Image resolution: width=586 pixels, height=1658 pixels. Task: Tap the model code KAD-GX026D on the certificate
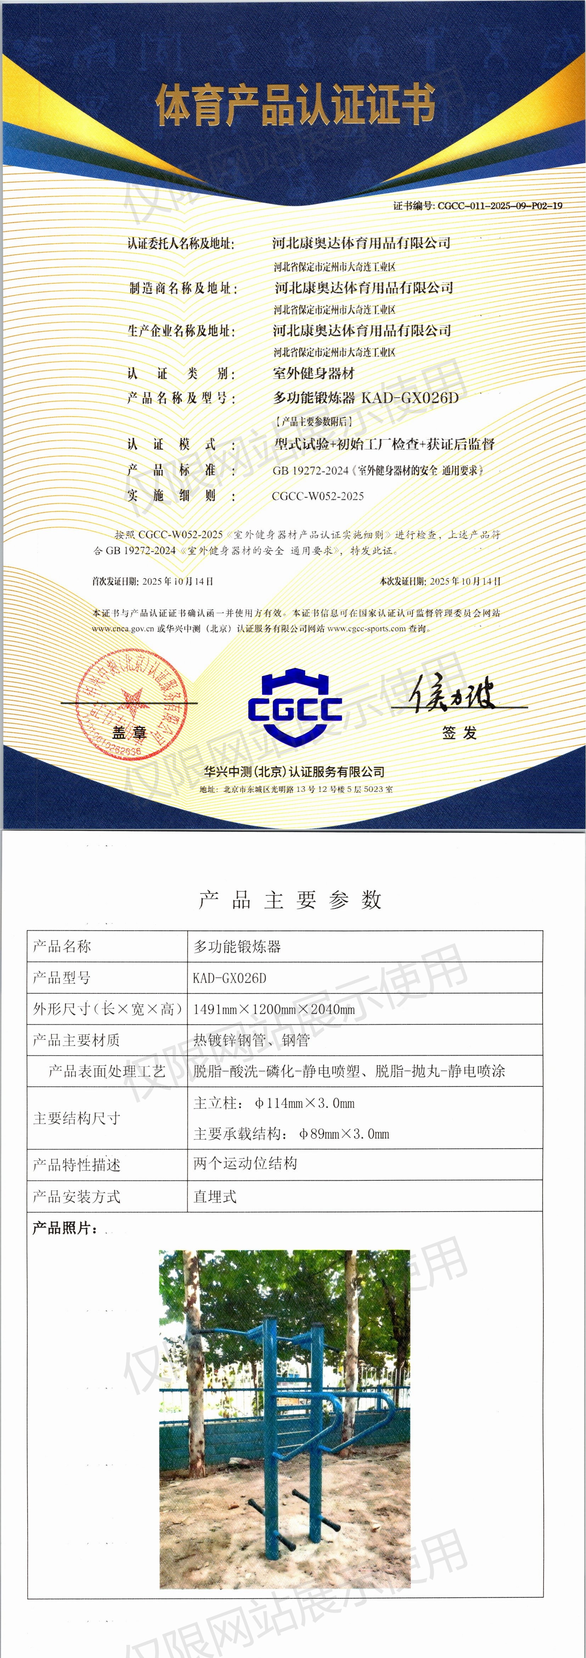pos(410,398)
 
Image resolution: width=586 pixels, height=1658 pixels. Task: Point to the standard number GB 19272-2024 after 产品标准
pos(310,471)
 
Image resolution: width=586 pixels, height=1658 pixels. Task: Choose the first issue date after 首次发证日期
pos(178,581)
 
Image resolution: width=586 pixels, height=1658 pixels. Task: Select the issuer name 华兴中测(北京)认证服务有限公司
pos(295,772)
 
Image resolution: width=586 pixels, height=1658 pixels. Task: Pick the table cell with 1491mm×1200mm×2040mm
pos(274,1009)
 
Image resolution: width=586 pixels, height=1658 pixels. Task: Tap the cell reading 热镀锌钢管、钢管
pos(252,1040)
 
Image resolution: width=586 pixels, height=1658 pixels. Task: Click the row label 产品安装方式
pos(77,1196)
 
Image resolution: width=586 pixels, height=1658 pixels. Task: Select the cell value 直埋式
pos(215,1196)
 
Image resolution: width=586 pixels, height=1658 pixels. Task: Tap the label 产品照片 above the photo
pos(64,1228)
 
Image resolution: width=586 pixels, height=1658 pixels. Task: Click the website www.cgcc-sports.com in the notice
pos(367,629)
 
